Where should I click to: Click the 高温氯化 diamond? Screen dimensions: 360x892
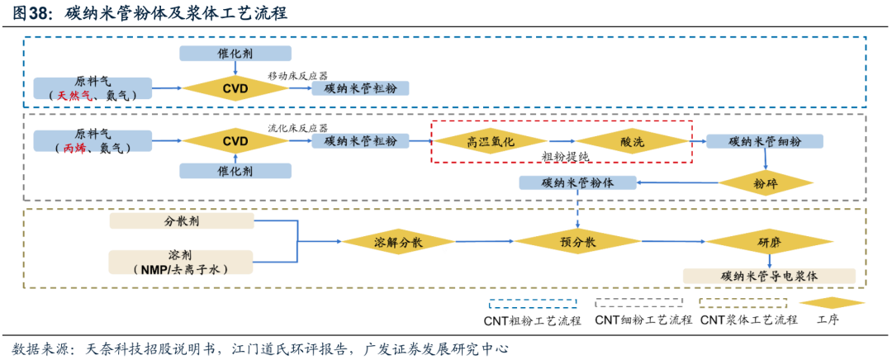pyautogui.click(x=491, y=141)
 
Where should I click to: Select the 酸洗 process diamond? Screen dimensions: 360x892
pyautogui.click(x=632, y=141)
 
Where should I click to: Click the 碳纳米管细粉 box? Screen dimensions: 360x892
pyautogui.click(x=765, y=141)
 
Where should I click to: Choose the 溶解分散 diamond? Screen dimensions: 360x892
pyautogui.click(x=398, y=242)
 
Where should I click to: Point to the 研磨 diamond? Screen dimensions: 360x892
pyautogui.click(x=768, y=242)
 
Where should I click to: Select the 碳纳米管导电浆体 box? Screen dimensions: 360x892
pyautogui.click(x=768, y=276)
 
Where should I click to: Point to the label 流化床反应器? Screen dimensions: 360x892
pyautogui.click(x=297, y=128)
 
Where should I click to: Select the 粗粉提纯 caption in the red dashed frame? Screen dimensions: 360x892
pyautogui.click(x=565, y=156)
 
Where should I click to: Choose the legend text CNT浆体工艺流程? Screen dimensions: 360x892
pyautogui.click(x=748, y=320)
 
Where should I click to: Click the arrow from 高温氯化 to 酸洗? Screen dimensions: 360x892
pyautogui.click(x=561, y=141)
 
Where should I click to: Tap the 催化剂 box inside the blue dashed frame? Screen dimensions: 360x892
pyautogui.click(x=235, y=54)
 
